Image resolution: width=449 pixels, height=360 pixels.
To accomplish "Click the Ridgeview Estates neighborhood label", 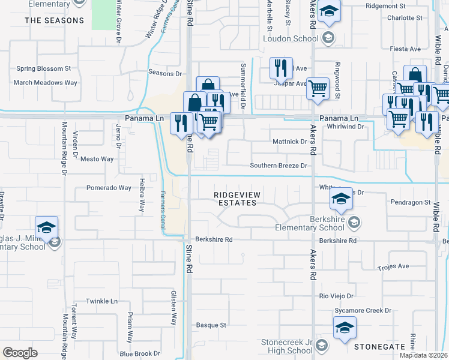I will pyautogui.click(x=235, y=199).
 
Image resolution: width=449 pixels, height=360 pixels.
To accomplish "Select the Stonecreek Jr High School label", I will pyautogui.click(x=286, y=346).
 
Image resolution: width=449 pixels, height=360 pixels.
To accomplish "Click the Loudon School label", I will pyautogui.click(x=291, y=39).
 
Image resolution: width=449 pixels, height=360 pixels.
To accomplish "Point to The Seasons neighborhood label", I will pyautogui.click(x=55, y=20).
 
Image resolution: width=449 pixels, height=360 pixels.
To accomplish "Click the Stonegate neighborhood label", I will pyautogui.click(x=379, y=347).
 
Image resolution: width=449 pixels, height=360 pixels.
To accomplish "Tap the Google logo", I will pyautogui.click(x=20, y=352).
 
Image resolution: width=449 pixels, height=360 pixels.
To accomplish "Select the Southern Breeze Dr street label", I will pyautogui.click(x=279, y=166).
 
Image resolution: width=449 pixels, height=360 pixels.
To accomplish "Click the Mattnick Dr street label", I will pyautogui.click(x=290, y=142).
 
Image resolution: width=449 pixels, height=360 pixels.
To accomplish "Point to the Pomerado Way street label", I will pyautogui.click(x=109, y=188).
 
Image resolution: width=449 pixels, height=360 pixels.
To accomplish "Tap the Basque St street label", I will pyautogui.click(x=211, y=325).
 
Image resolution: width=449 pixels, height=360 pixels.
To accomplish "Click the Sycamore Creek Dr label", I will pyautogui.click(x=363, y=311).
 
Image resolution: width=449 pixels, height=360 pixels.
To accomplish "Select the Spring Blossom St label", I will pyautogui.click(x=44, y=69).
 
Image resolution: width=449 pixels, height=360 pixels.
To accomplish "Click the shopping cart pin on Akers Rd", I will pyautogui.click(x=318, y=88).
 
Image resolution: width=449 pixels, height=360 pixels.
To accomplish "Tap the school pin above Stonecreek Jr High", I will pyautogui.click(x=345, y=328).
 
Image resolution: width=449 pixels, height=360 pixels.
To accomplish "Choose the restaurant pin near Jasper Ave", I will pyautogui.click(x=281, y=68).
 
